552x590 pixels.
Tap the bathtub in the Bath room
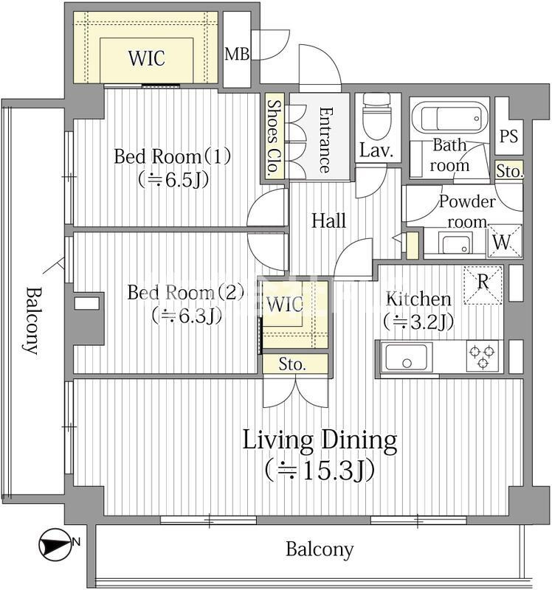pyautogui.click(x=449, y=119)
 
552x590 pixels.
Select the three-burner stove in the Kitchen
pyautogui.click(x=483, y=356)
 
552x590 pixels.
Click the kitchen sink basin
pyautogui.click(x=407, y=356)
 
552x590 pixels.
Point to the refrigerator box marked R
pyautogui.click(x=483, y=285)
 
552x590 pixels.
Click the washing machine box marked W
pyautogui.click(x=505, y=241)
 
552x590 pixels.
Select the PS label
pyautogui.click(x=508, y=136)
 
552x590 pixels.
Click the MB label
pyautogui.click(x=237, y=54)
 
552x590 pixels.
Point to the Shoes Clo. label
pyautogui.click(x=274, y=138)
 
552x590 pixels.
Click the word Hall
pyautogui.click(x=328, y=221)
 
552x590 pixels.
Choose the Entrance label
pyautogui.click(x=325, y=140)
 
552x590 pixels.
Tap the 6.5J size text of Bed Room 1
pyautogui.click(x=173, y=180)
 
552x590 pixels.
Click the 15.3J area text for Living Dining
pyautogui.click(x=320, y=471)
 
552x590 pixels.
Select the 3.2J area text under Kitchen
pyautogui.click(x=418, y=322)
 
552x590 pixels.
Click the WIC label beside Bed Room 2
pyautogui.click(x=285, y=305)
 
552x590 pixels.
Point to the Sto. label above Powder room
pyautogui.click(x=509, y=171)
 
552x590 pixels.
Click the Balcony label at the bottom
pyautogui.click(x=320, y=549)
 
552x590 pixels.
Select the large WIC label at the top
pyautogui.click(x=146, y=58)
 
